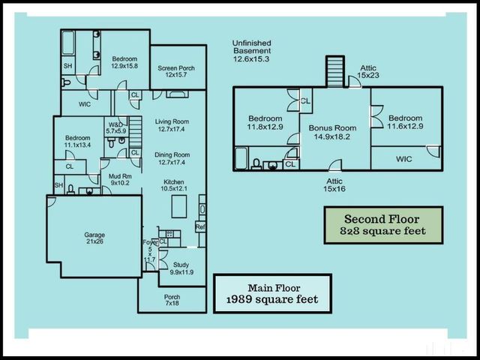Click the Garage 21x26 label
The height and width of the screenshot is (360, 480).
[x=94, y=239]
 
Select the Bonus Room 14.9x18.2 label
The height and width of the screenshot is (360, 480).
[x=332, y=133]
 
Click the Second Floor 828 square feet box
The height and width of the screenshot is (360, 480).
[x=383, y=225]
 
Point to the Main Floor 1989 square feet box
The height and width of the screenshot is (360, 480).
[x=271, y=293]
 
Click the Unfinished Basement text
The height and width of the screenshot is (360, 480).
[x=251, y=50]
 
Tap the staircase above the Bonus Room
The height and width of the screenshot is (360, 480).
[x=334, y=72]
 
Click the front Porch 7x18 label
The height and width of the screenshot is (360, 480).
[x=172, y=299]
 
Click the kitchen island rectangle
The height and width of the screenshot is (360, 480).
[x=179, y=205]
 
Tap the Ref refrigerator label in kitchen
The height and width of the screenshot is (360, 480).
[x=200, y=226]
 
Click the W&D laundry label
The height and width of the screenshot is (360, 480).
[x=116, y=127]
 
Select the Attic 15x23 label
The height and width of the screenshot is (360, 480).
[x=368, y=71]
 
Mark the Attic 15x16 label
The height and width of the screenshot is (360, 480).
[x=334, y=185]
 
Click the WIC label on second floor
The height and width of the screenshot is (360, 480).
[x=404, y=159]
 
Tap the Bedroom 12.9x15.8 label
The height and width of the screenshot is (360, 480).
[x=124, y=62]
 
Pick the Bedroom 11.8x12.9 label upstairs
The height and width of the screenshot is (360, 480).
[x=265, y=123]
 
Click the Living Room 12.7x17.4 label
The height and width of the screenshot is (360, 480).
[x=171, y=125]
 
